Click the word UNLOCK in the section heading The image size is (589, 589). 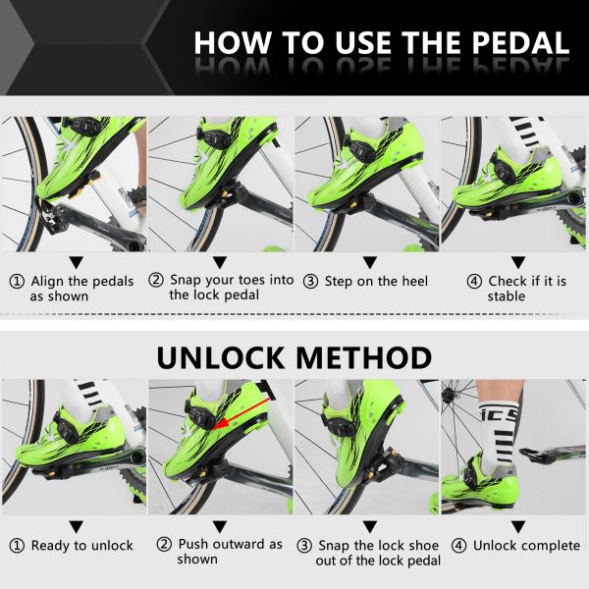point(232,356)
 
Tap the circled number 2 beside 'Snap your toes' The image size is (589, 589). point(156,280)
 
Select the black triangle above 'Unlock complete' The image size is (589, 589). point(517,526)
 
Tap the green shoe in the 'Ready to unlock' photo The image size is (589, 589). point(69,441)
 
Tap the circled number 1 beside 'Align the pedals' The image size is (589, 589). point(17,281)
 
